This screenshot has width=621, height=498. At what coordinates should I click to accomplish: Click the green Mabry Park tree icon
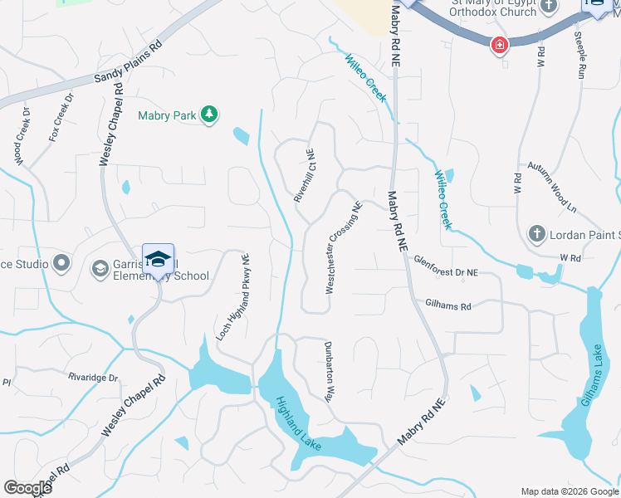210,115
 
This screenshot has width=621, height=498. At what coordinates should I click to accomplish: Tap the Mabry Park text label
168,115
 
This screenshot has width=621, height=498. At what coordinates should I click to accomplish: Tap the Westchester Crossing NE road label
344,248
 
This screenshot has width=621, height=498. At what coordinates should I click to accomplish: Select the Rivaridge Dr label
93,377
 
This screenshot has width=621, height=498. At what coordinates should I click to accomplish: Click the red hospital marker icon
500,44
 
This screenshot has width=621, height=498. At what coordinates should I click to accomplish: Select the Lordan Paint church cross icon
537,234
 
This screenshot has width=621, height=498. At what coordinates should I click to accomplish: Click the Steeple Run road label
580,55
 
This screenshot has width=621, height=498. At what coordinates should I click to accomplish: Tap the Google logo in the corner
27,488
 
